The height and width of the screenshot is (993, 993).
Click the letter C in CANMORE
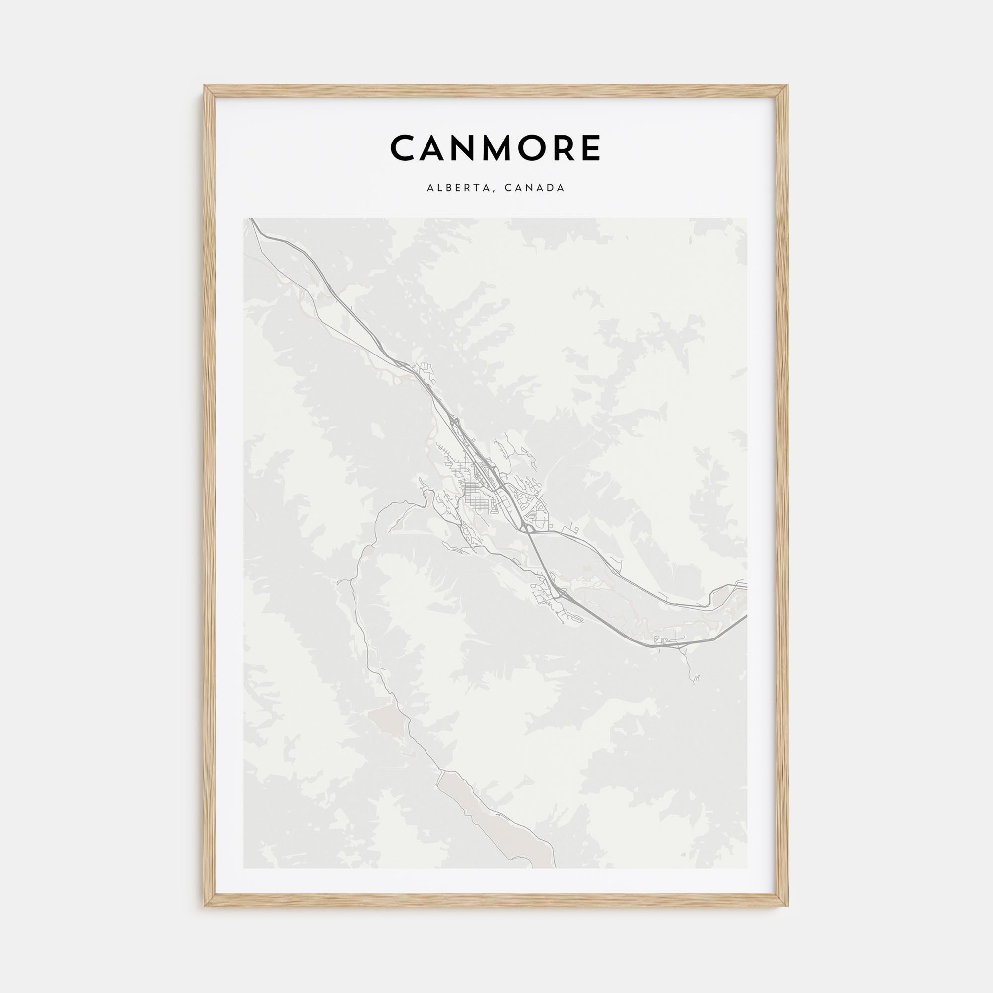[x=405, y=148]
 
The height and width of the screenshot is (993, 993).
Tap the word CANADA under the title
[x=535, y=188]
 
